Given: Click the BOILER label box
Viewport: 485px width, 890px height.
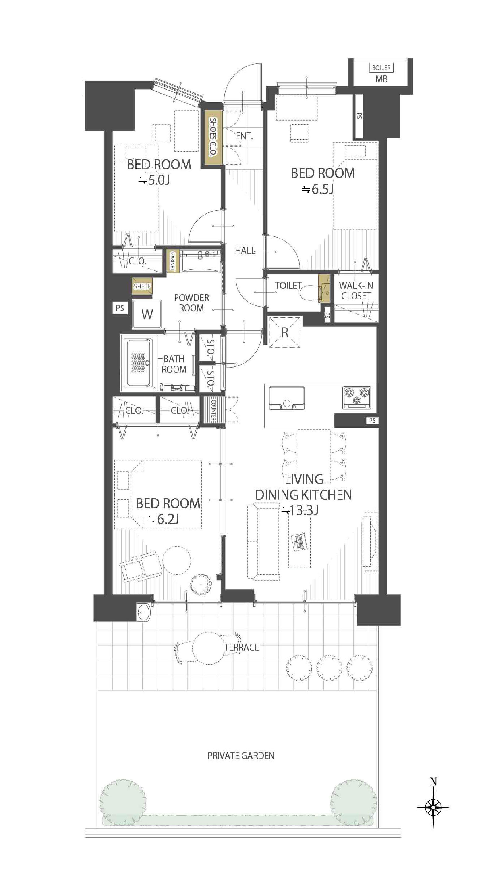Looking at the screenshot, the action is coord(381,68).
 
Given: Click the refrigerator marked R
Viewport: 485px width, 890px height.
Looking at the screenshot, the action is coord(284,332).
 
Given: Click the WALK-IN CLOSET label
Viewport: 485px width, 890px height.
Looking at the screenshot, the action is coord(356,291).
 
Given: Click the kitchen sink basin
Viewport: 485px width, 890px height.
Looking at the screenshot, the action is coord(287,398).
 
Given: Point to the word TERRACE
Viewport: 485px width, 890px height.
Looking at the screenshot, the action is coord(242,647).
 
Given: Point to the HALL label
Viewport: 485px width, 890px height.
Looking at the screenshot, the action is coord(245,251).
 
